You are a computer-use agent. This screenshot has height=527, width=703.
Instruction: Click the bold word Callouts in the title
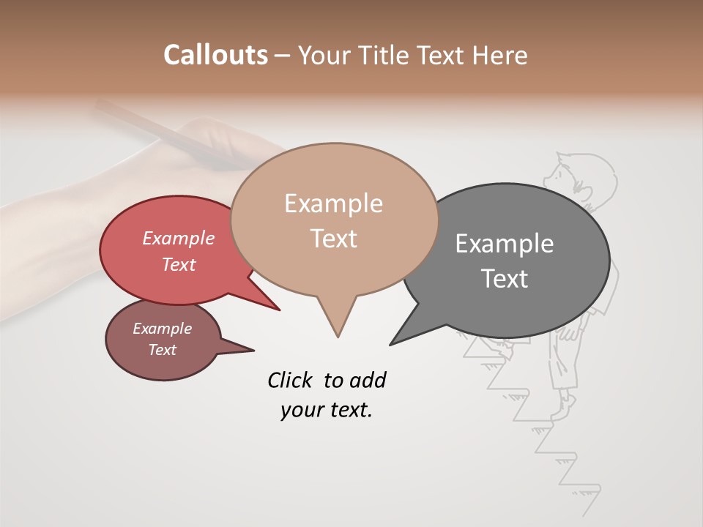(x=215, y=55)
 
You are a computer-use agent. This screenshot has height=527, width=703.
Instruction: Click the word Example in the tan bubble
(x=333, y=203)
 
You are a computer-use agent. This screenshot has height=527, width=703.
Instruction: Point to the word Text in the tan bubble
(x=333, y=238)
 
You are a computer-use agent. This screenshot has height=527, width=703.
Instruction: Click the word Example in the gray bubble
(x=504, y=244)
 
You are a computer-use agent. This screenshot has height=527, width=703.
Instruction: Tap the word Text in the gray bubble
(x=504, y=278)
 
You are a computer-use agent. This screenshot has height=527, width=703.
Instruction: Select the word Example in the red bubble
(x=178, y=239)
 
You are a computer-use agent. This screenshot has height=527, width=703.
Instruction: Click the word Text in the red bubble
(x=178, y=264)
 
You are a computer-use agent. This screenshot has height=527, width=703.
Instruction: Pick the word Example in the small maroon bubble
(x=162, y=329)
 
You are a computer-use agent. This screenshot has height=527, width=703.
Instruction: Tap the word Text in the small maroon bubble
(x=162, y=350)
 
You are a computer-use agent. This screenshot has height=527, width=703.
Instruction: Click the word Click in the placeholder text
(x=291, y=380)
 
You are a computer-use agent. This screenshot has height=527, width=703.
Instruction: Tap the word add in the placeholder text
(x=368, y=380)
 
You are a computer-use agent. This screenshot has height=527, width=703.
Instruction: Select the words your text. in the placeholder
(x=327, y=410)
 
